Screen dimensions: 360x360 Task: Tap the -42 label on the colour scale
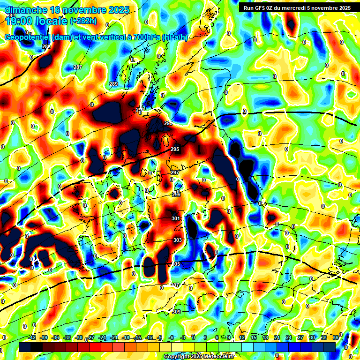pyautogui.click(x=32, y=338)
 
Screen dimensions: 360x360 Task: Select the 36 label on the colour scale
pyautogui.click(x=336, y=338)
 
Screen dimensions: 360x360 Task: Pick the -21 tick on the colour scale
pyautogui.click(x=114, y=338)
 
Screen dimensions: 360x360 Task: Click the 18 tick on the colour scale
pyautogui.click(x=265, y=338)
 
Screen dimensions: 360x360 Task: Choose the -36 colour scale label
pyautogui.click(x=55, y=338)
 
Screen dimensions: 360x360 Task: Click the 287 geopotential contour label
pyautogui.click(x=78, y=67)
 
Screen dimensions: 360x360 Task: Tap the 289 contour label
pyautogui.click(x=113, y=84)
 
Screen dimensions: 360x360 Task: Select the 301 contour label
pyautogui.click(x=176, y=219)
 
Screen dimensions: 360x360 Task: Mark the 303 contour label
pyautogui.click(x=178, y=240)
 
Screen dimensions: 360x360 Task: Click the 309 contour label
pyautogui.click(x=176, y=312)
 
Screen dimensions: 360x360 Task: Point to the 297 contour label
pyautogui.click(x=175, y=173)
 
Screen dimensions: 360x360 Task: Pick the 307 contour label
pyautogui.click(x=175, y=285)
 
